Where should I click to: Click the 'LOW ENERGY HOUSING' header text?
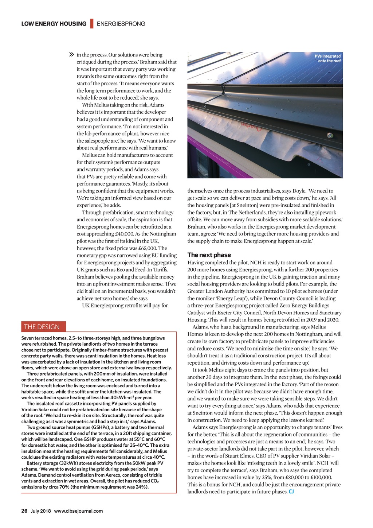[x=54, y=24]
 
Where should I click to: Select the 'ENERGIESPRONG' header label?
[x=121, y=24]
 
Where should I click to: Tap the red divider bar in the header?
[x=91, y=23]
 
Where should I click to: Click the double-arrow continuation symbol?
[x=71, y=55]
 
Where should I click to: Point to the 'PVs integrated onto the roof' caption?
[x=327, y=58]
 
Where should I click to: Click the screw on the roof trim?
[x=330, y=136]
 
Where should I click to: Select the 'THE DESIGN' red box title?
[x=44, y=326]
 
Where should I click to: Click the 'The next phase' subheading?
[x=209, y=255]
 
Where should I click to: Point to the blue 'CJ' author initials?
[x=291, y=492]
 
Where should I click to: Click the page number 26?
[x=24, y=511]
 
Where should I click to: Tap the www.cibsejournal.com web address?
[x=78, y=511]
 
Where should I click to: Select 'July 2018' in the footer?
[x=41, y=511]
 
